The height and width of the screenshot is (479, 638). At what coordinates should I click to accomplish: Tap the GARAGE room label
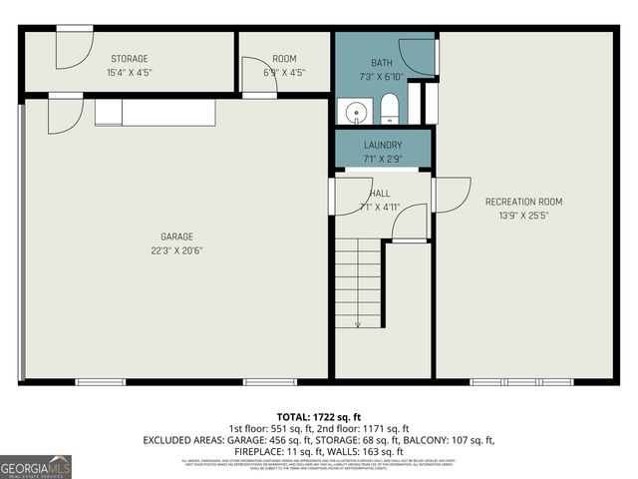(x=175, y=238)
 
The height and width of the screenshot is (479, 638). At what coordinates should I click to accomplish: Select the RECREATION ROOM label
(x=516, y=202)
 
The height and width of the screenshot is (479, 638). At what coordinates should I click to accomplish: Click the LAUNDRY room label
(x=383, y=145)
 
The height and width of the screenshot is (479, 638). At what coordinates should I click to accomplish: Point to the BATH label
(x=383, y=64)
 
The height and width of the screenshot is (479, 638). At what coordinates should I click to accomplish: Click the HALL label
(x=380, y=194)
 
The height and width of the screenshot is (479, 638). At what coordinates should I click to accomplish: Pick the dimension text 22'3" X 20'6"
(x=175, y=250)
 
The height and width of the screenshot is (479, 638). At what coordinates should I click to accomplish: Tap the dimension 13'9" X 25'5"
(x=516, y=215)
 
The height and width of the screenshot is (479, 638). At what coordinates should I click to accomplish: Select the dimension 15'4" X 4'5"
(x=130, y=73)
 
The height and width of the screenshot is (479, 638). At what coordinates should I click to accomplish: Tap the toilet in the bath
(x=390, y=110)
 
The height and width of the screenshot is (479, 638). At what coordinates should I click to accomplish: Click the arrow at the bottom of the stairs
(x=357, y=321)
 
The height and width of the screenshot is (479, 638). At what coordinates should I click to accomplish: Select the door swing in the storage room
(x=72, y=52)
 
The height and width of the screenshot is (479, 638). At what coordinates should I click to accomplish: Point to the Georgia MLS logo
(x=36, y=466)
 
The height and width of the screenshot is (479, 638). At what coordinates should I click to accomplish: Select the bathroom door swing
(x=418, y=56)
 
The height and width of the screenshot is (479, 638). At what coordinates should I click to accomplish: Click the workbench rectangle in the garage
(x=155, y=112)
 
